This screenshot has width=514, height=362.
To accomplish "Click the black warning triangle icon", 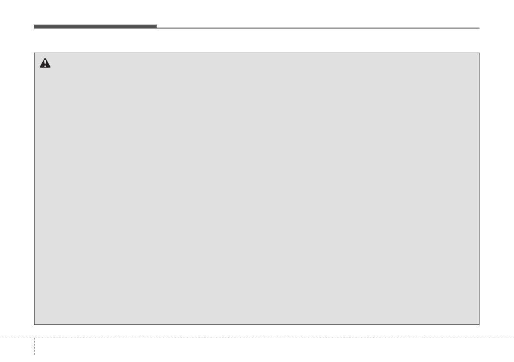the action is coord(45,63).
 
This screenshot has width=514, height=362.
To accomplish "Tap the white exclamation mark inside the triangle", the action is coord(45,64).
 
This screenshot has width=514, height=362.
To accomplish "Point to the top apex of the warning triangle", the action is coord(45,58).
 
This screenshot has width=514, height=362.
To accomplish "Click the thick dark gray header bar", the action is coord(95,26).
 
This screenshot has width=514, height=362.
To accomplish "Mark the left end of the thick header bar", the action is coord(35,26).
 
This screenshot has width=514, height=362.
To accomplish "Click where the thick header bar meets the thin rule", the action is coord(157,27).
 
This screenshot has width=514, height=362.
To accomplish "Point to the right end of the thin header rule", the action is coord(479,28).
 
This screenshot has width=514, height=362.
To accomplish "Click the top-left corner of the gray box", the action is coord(35,53).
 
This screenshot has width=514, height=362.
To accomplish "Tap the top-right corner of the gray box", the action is coord(479,53).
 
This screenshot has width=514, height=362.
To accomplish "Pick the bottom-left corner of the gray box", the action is coord(35,324).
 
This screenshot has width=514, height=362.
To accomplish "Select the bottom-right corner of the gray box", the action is coord(479,324).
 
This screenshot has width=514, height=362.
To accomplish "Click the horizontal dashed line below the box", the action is coord(259,338).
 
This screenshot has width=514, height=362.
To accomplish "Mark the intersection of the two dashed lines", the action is coord(34,338).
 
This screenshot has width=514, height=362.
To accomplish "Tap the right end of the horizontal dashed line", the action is coord(513,338).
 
